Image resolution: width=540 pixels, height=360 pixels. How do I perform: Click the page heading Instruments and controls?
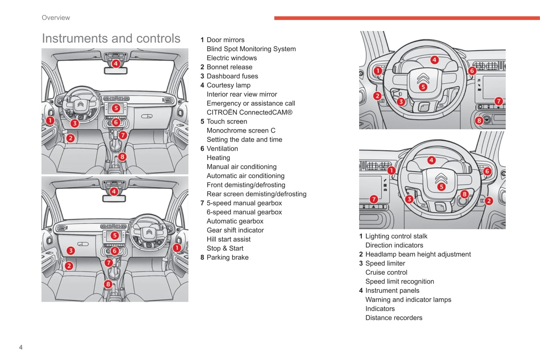click(x=111, y=38)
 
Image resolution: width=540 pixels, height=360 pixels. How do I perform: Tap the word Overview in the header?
click(x=56, y=18)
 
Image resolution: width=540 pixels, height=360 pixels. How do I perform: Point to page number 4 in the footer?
click(x=21, y=347)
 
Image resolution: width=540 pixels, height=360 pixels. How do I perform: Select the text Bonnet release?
click(x=229, y=67)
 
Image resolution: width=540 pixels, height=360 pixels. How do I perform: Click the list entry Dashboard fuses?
click(x=232, y=76)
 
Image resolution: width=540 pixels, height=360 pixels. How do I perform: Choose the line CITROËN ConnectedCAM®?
click(x=249, y=112)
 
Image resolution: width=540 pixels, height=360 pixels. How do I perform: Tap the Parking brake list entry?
click(x=227, y=257)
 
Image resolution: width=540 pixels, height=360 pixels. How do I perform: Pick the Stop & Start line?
click(x=225, y=248)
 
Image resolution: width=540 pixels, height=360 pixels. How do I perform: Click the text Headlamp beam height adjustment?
click(x=418, y=254)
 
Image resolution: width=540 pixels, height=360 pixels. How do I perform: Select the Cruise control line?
click(x=386, y=273)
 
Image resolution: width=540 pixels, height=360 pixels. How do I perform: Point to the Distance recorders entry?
click(x=394, y=318)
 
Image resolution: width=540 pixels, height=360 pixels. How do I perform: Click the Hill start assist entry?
click(x=228, y=239)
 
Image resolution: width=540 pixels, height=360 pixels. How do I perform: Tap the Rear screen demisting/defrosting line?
click(x=256, y=194)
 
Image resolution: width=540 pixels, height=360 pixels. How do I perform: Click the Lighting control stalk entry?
click(x=396, y=236)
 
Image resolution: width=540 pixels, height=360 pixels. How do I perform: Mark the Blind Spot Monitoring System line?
click(x=251, y=49)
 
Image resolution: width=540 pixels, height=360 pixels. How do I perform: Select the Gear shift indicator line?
click(x=235, y=230)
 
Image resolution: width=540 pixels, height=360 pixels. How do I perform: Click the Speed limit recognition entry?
click(x=399, y=282)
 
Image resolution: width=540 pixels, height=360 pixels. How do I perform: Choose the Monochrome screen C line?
click(x=241, y=131)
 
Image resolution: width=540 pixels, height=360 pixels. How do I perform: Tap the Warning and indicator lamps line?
click(x=408, y=300)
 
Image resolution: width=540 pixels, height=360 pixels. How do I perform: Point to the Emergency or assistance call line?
click(x=251, y=103)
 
